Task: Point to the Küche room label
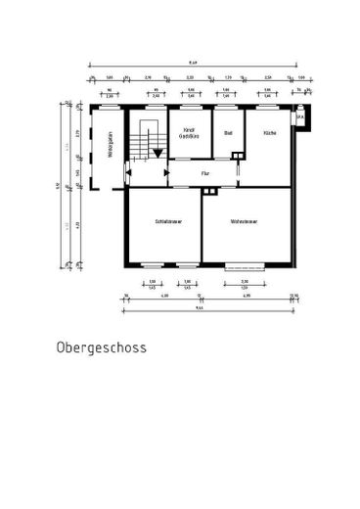[x=269, y=132]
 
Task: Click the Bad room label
[x=228, y=132]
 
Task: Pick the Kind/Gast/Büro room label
[x=190, y=135]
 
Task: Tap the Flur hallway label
[x=205, y=173]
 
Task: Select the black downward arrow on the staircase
[x=156, y=153]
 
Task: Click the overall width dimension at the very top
[x=193, y=58]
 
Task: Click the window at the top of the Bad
[x=226, y=104]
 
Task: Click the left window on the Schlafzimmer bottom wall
[x=152, y=265]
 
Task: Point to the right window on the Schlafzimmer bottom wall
[x=186, y=265]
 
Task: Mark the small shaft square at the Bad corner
[x=240, y=154]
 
